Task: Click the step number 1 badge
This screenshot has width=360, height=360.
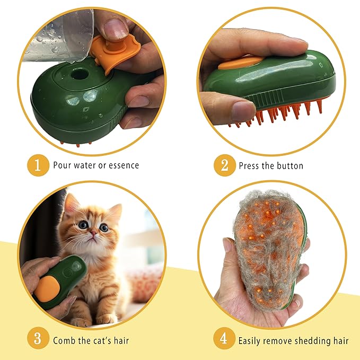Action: pos(37,165)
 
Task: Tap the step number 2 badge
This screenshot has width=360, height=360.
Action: pos(225,165)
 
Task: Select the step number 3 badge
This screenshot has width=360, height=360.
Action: pos(37,339)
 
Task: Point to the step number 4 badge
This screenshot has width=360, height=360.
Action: pos(225,339)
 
